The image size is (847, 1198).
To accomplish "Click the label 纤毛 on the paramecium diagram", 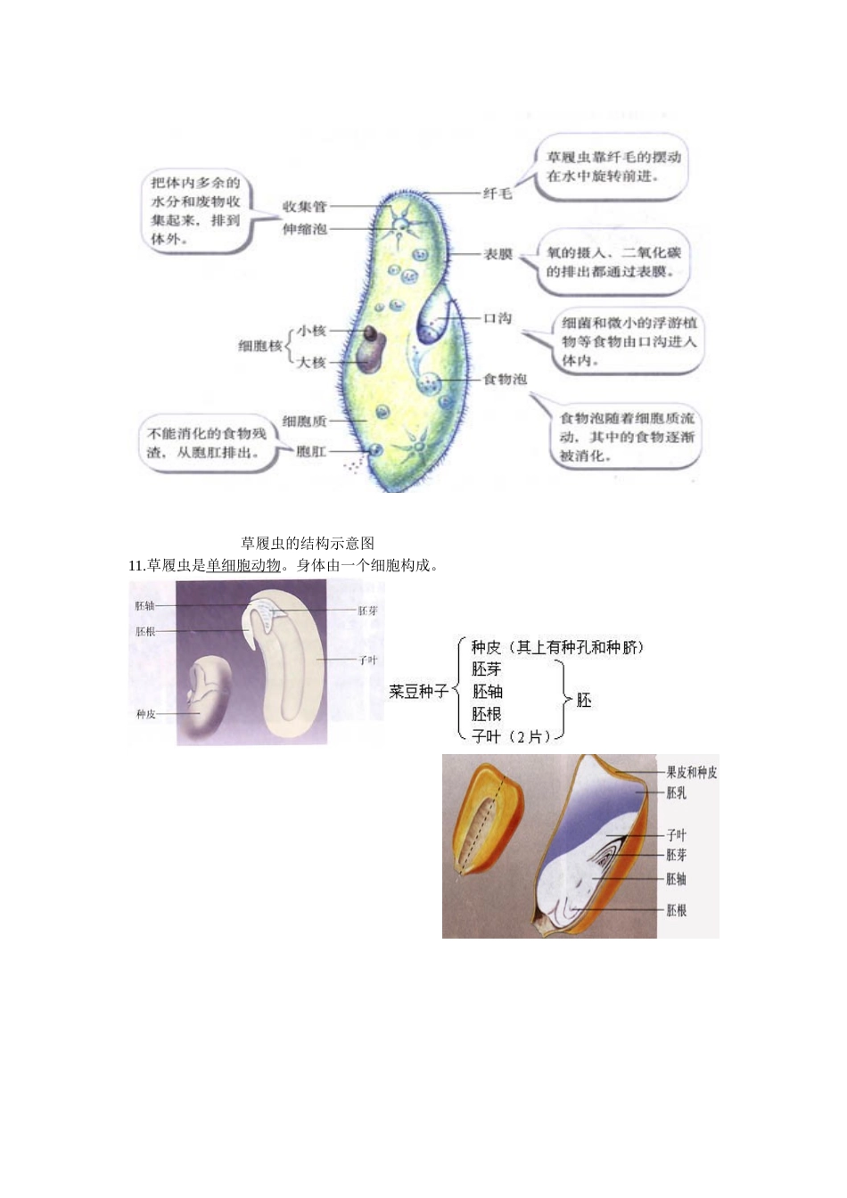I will pyautogui.click(x=498, y=193).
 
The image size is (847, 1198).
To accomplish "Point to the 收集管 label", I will pyautogui.click(x=304, y=207).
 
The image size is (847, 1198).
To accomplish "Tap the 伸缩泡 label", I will pyautogui.click(x=304, y=229).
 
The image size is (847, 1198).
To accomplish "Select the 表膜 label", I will pyautogui.click(x=498, y=255).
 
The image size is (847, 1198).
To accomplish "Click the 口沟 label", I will pyautogui.click(x=498, y=318).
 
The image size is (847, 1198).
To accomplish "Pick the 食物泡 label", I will pyautogui.click(x=505, y=379).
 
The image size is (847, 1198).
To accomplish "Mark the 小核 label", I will pyautogui.click(x=311, y=331).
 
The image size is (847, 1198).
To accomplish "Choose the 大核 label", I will pyautogui.click(x=311, y=362).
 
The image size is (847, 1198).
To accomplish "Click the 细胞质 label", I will pyautogui.click(x=304, y=421).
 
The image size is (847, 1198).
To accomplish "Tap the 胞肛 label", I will pyautogui.click(x=311, y=452).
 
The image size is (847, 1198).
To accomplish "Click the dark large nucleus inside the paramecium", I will pyautogui.click(x=369, y=355).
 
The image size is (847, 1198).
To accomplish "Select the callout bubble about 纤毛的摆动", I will pyautogui.click(x=613, y=167).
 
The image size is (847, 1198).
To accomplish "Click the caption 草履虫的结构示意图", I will pyautogui.click(x=308, y=543).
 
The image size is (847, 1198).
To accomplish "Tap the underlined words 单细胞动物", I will pyautogui.click(x=243, y=565).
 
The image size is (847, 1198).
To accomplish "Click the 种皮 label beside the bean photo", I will pyautogui.click(x=145, y=714).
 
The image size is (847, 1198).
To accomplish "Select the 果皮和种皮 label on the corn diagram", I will pyautogui.click(x=691, y=773).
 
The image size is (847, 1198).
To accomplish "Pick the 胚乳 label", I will pyautogui.click(x=677, y=792).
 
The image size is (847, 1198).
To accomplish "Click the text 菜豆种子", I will pyautogui.click(x=418, y=692).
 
